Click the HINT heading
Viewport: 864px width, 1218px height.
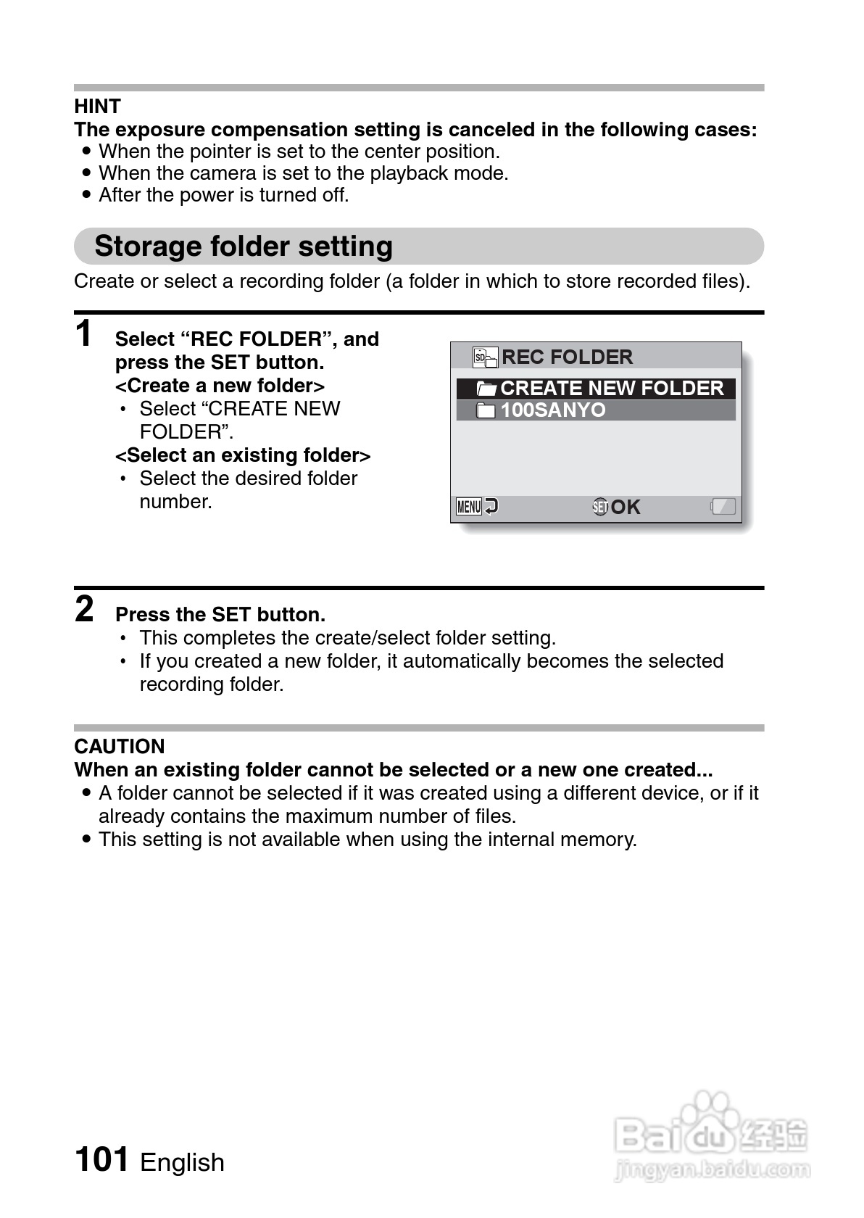pos(97,107)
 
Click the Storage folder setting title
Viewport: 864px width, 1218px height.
pos(244,246)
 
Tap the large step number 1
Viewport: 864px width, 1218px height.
pos(85,334)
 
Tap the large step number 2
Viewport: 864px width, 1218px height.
pos(85,609)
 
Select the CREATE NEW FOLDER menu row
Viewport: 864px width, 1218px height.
pos(596,389)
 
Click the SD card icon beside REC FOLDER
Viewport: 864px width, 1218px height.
pos(485,357)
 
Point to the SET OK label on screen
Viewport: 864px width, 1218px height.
pos(617,507)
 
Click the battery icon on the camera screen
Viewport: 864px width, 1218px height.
pos(723,506)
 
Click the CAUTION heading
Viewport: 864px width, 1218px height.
pos(120,746)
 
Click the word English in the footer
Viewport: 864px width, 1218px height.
pos(182,1162)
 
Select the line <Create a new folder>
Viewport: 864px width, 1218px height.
pos(220,386)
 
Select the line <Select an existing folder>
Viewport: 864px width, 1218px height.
pos(243,455)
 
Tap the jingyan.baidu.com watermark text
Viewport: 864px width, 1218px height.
pos(711,1169)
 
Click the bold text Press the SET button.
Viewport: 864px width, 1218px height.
pos(220,615)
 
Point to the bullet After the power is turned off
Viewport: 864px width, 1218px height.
pos(223,195)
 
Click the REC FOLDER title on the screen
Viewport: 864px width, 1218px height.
pos(567,357)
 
